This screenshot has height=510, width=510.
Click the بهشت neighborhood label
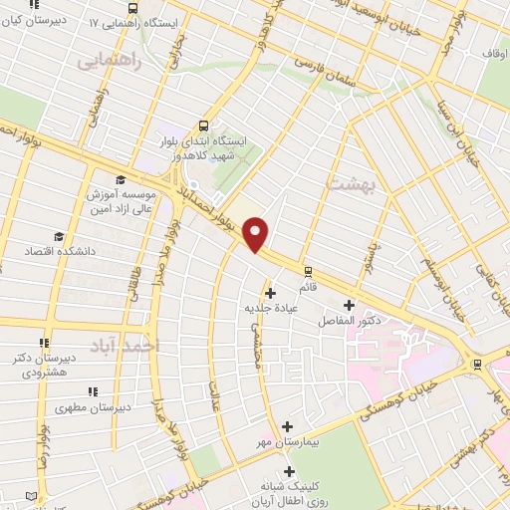[x=349, y=185]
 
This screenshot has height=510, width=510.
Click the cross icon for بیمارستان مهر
[x=288, y=426]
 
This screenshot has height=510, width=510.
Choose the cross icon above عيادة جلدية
[x=270, y=292]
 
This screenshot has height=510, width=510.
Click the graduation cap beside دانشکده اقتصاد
[x=59, y=236]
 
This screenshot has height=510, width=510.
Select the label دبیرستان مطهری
[x=90, y=407]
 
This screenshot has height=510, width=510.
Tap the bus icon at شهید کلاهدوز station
[x=203, y=126]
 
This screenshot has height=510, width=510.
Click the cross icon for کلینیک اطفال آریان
[x=289, y=470]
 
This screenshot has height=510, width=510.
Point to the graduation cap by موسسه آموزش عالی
[x=120, y=180]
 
